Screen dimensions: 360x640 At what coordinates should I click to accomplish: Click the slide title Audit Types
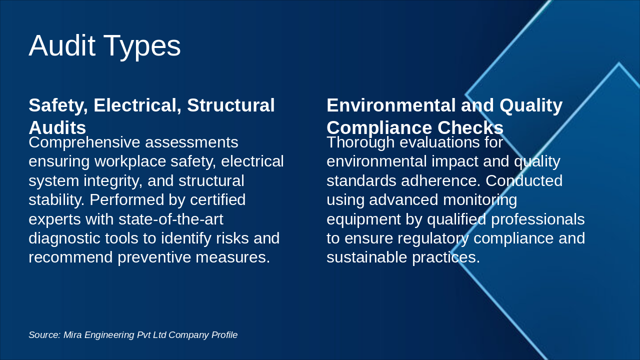104,45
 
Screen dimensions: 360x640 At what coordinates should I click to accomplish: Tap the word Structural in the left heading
231,105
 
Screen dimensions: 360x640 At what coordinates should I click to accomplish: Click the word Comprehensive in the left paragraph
84,142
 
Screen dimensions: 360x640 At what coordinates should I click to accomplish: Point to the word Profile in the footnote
224,335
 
